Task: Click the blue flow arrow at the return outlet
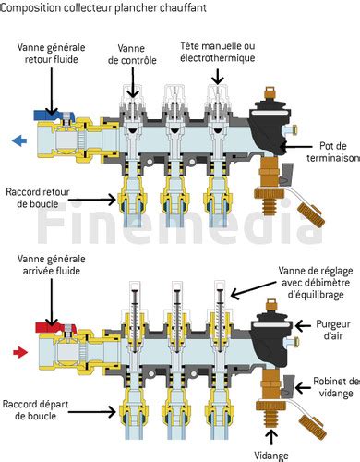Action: [x=19, y=141]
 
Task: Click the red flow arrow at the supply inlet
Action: [x=20, y=352]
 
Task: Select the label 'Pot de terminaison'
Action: [x=333, y=152]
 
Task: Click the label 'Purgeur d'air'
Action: [x=333, y=330]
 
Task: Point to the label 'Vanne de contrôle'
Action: [x=132, y=55]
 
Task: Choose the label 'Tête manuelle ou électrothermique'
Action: [x=218, y=52]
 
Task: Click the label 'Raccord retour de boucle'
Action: [x=38, y=198]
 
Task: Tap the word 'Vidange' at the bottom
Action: [x=271, y=456]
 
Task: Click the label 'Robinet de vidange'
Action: [x=336, y=387]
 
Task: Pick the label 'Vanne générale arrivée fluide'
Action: [x=52, y=265]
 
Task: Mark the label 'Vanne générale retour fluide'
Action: [x=51, y=53]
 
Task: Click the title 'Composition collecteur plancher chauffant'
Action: [x=103, y=7]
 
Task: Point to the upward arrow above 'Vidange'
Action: [x=271, y=437]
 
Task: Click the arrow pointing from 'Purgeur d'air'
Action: [x=303, y=325]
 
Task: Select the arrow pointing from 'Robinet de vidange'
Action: [x=303, y=387]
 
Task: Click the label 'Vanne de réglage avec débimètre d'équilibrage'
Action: [x=316, y=283]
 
